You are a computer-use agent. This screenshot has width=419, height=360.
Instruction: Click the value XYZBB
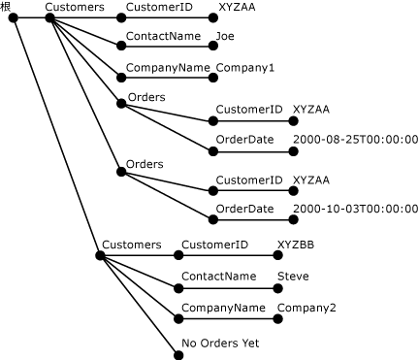[295, 245]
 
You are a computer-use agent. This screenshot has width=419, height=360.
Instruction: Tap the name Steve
[293, 276]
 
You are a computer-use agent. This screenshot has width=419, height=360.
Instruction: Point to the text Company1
[245, 68]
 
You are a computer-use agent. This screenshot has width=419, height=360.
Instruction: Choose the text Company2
[306, 308]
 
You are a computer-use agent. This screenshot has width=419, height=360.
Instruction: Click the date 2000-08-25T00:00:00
[354, 139]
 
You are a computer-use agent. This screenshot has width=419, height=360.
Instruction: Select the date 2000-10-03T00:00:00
[354, 208]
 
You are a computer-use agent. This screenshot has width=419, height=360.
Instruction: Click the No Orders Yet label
[220, 343]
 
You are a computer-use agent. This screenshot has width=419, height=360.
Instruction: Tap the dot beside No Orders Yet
[178, 353]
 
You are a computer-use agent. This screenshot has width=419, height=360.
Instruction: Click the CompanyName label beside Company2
[224, 308]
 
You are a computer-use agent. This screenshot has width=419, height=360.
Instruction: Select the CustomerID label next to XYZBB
[215, 245]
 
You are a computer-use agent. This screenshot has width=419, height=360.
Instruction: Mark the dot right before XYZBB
[276, 256]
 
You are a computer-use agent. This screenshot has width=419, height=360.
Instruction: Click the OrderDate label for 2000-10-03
[244, 208]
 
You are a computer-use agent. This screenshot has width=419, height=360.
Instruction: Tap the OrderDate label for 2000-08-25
[244, 139]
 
